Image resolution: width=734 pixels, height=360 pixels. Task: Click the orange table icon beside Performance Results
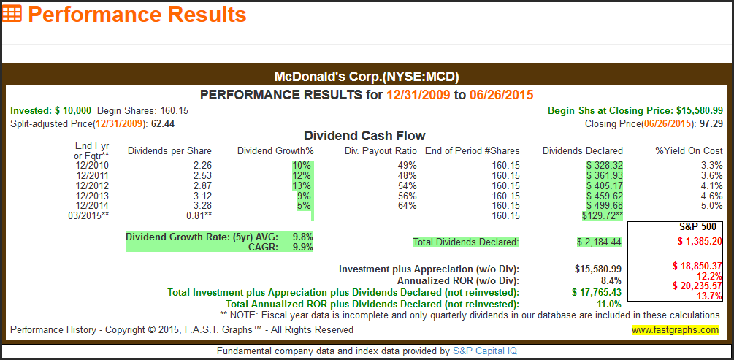(x=12, y=14)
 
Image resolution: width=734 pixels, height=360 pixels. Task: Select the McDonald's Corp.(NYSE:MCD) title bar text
(x=366, y=76)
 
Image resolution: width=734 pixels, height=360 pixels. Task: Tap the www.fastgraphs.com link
(x=675, y=330)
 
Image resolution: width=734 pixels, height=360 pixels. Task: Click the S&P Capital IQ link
(x=485, y=351)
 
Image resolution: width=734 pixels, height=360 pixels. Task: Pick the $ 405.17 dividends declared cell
(x=604, y=185)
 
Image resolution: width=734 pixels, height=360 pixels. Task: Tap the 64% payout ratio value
(x=407, y=206)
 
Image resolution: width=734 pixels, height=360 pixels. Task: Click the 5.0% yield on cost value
(x=711, y=206)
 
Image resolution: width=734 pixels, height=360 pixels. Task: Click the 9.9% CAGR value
(x=302, y=247)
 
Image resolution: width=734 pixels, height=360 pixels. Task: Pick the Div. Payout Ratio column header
(x=381, y=151)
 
